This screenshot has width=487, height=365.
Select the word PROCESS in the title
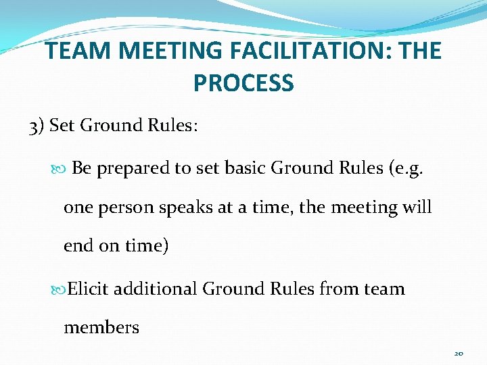[x=243, y=82]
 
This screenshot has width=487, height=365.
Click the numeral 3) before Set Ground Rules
[x=37, y=126]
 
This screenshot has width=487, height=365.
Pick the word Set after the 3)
[x=62, y=126]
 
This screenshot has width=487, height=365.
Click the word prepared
[x=134, y=168]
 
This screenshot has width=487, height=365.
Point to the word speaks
[x=183, y=208]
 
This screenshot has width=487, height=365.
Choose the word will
[x=416, y=207]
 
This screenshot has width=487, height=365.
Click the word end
[x=79, y=246]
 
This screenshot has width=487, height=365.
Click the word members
[x=101, y=328]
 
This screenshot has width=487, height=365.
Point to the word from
[x=338, y=289]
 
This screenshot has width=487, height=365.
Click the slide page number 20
[x=459, y=353]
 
